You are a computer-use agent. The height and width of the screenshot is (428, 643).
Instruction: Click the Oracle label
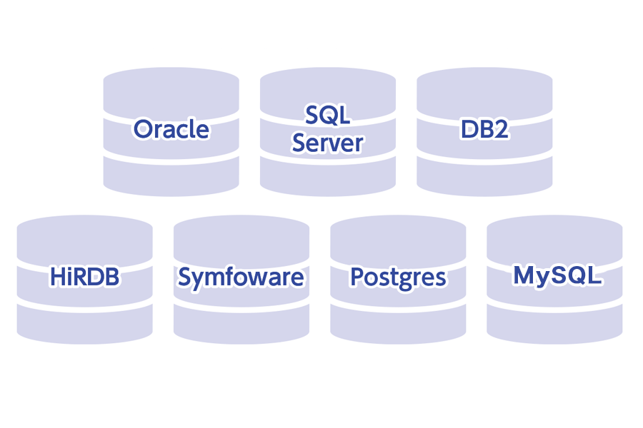coord(171,130)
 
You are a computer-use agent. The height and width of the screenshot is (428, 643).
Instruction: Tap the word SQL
coord(327,114)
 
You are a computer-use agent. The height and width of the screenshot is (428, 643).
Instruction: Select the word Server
coord(327,143)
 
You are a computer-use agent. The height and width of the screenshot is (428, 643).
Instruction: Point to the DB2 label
coord(484,130)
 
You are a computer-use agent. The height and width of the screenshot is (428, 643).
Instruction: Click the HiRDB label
coord(84,277)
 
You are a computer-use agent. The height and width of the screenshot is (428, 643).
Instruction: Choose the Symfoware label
coord(241,277)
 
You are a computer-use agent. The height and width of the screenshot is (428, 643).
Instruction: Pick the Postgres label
coord(398,277)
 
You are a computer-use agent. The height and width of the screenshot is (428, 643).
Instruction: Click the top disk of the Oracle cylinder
coord(171,89)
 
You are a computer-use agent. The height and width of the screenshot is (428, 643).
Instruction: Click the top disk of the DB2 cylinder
coord(484,89)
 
